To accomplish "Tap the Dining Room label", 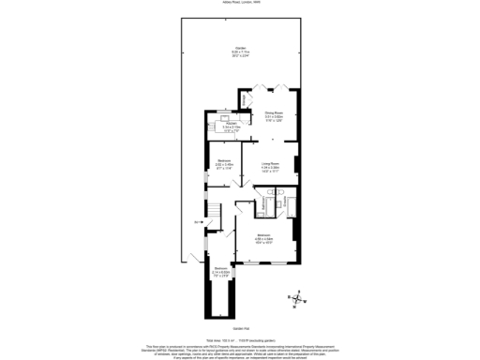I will click(273, 112).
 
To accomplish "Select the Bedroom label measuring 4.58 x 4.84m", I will click(263, 235).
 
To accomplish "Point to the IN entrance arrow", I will click(197, 221).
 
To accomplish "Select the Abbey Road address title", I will click(239, 4).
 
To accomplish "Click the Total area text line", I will click(239, 338).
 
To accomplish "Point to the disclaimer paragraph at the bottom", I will click(239, 351).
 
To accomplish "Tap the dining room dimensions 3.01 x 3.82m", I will click(273, 118).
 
